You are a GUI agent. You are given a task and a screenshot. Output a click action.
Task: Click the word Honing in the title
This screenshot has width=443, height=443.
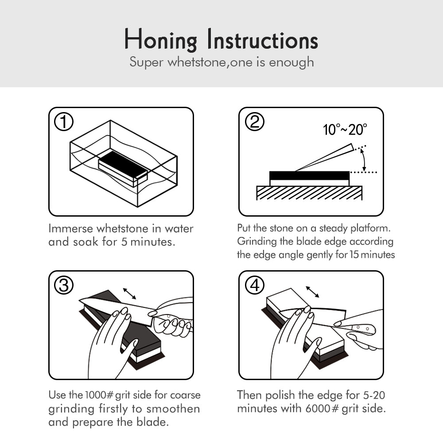[x=160, y=40]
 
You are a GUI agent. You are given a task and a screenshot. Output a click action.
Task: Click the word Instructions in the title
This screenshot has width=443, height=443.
[x=262, y=39]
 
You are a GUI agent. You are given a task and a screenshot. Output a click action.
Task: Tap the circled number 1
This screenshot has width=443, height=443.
[x=64, y=122]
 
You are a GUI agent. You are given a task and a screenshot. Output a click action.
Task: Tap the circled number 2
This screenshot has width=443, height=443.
[x=255, y=122]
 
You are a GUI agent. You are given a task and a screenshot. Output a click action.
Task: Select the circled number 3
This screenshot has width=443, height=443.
[x=64, y=285]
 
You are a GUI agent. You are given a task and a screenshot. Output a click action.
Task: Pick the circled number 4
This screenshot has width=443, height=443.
[x=255, y=285]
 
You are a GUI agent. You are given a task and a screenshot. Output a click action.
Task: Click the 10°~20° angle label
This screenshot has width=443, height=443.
[x=345, y=130]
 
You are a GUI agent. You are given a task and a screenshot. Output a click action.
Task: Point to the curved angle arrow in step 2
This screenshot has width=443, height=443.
[x=364, y=160]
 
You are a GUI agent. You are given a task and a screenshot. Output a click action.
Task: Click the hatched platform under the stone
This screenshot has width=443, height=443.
[x=309, y=193]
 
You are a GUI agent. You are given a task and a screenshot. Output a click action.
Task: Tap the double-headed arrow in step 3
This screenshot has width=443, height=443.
[x=129, y=294]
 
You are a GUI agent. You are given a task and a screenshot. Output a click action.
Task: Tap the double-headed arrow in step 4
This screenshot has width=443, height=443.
[x=312, y=292]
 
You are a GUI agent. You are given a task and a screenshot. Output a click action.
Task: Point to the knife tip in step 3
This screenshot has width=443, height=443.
[x=79, y=301]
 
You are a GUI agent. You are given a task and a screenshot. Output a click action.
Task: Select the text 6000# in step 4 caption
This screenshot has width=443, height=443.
[x=322, y=408]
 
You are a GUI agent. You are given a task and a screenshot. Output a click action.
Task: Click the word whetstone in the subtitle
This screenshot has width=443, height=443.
[x=197, y=62]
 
